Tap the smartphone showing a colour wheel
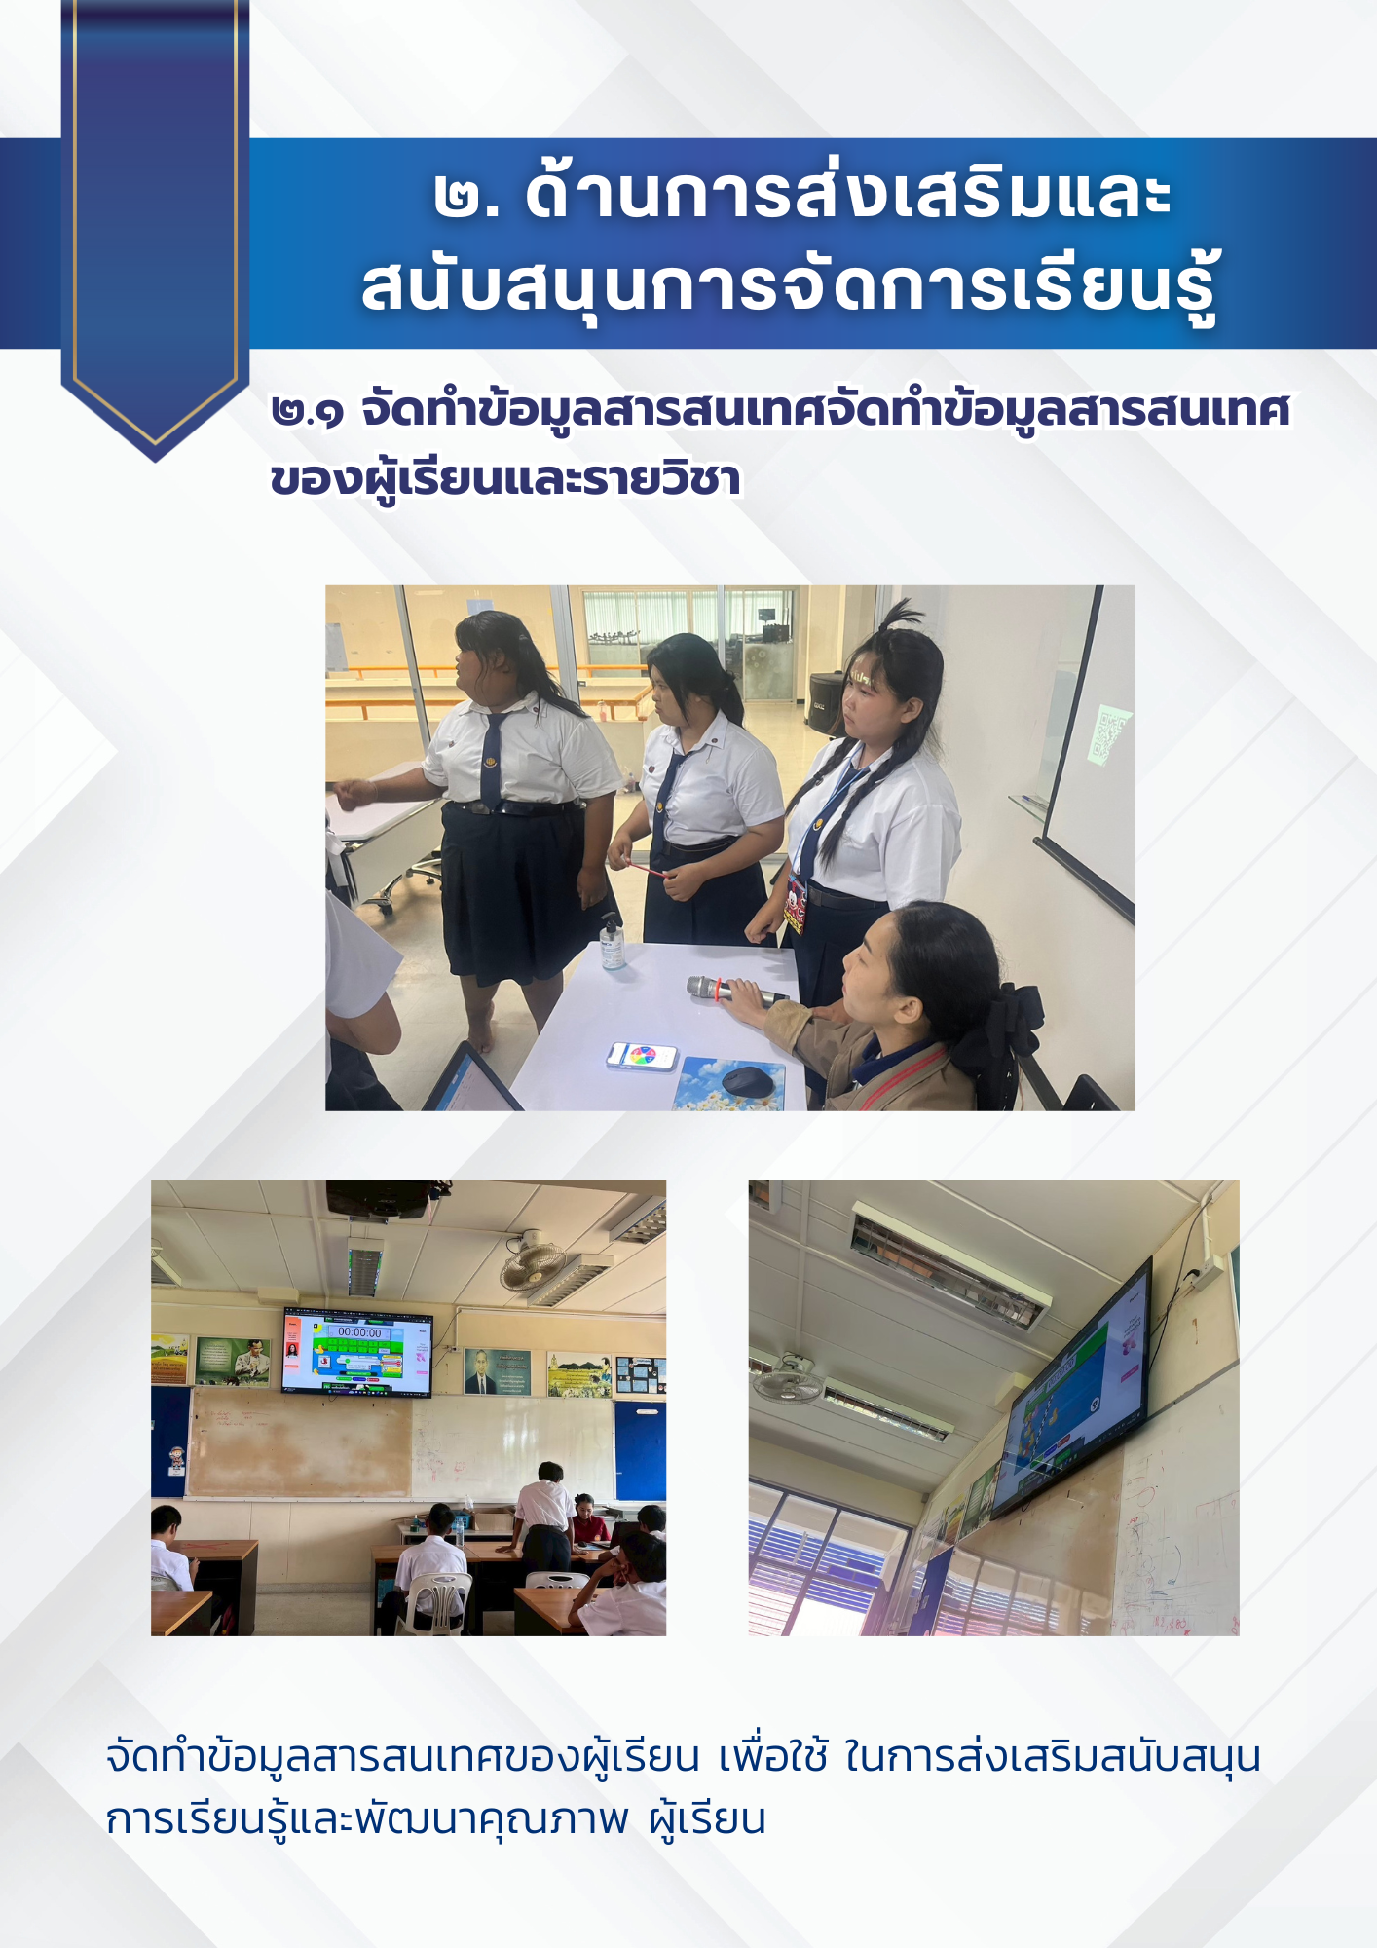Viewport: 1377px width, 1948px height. (x=642, y=1056)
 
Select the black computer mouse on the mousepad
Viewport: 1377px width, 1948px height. (x=749, y=1079)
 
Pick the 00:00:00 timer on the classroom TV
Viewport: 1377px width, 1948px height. (x=359, y=1331)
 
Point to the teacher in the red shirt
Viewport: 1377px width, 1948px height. (x=585, y=1519)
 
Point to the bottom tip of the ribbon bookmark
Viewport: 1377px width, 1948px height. (x=155, y=462)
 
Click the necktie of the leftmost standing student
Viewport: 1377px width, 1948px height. (x=492, y=759)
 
